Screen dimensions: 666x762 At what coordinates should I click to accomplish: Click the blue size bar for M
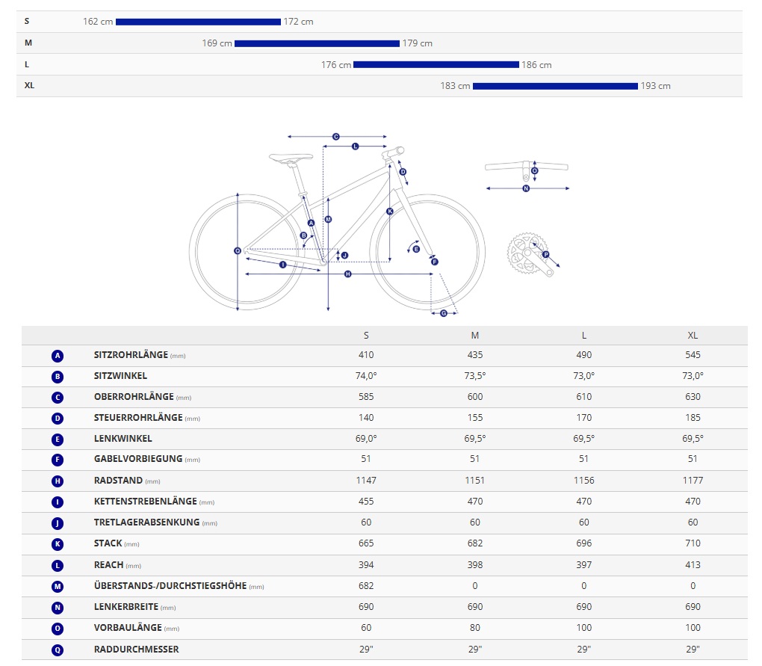[x=317, y=43]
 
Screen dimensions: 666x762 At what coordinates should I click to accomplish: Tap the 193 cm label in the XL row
[x=655, y=86]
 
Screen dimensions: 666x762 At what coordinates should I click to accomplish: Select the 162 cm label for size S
[x=98, y=22]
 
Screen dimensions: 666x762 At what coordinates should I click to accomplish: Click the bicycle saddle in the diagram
[x=291, y=158]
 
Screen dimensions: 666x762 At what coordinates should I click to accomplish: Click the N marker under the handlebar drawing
[x=526, y=188]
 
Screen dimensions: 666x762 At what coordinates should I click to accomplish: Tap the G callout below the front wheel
[x=443, y=312]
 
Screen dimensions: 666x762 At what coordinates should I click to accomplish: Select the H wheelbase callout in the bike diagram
[x=347, y=274]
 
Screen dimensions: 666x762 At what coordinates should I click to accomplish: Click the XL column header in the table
[x=693, y=336]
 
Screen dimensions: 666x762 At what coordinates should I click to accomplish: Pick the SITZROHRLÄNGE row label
[x=131, y=355]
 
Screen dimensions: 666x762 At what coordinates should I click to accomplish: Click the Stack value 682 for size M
[x=475, y=543]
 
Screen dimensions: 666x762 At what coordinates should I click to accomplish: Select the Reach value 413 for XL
[x=693, y=565]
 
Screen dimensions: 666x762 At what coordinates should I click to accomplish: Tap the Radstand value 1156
[x=584, y=481]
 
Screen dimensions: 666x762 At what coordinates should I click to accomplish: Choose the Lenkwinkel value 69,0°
[x=366, y=439]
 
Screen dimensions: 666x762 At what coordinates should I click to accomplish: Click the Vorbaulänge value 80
[x=475, y=628]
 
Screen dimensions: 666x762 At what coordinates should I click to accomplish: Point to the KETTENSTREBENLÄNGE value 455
[x=366, y=502]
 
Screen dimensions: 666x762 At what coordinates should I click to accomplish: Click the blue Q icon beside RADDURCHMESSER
[x=58, y=650]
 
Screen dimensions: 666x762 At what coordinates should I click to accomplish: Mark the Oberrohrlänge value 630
[x=693, y=397]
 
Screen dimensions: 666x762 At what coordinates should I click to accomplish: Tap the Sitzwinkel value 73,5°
[x=475, y=376]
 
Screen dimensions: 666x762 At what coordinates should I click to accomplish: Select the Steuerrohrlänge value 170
[x=584, y=418]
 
